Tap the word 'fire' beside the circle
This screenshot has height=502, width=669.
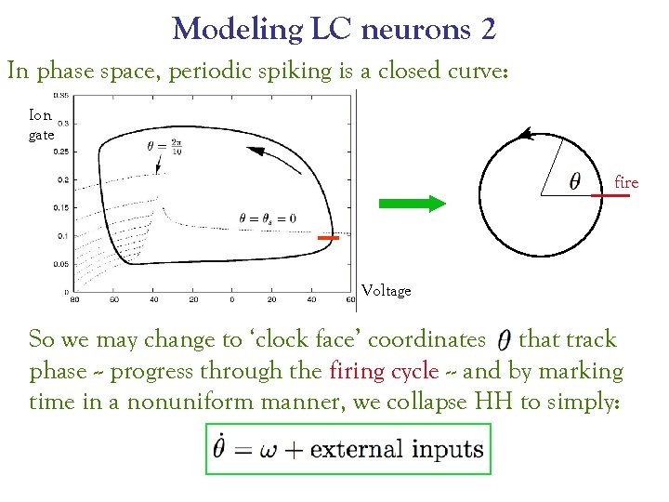point(627,183)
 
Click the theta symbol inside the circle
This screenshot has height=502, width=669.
point(575,182)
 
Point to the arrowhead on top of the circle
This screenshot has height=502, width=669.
point(526,135)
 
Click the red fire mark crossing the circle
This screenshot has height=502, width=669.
point(610,195)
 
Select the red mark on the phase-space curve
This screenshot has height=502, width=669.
point(328,239)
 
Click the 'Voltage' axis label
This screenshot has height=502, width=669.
point(386,291)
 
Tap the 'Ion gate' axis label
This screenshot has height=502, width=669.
point(40,125)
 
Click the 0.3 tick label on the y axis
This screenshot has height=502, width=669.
point(63,123)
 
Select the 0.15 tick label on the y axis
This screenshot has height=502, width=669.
point(61,207)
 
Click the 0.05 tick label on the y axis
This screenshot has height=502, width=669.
point(61,264)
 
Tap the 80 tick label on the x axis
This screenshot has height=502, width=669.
point(74,299)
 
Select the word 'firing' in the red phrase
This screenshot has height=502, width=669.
point(360,371)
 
